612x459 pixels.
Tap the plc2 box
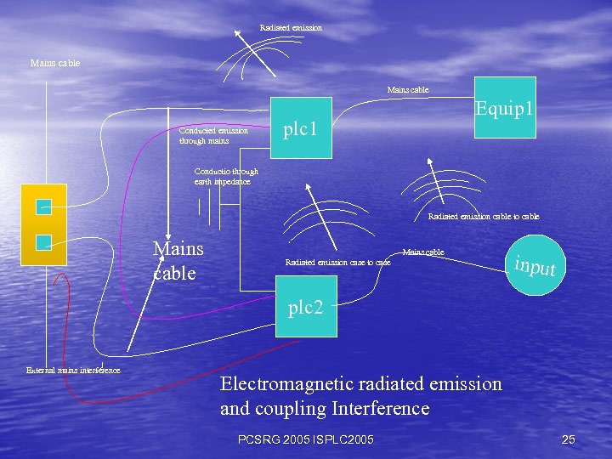click(x=305, y=307)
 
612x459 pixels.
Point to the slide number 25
click(x=569, y=439)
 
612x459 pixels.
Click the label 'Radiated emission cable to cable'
click(x=483, y=217)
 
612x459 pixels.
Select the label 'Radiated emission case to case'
click(x=337, y=263)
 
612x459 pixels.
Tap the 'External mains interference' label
click(x=73, y=370)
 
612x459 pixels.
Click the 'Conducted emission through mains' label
click(x=213, y=136)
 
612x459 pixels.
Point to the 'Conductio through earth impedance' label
click(x=226, y=176)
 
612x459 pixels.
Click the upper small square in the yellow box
click(x=44, y=207)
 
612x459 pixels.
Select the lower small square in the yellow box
click(x=44, y=242)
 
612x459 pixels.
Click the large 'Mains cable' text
click(x=178, y=261)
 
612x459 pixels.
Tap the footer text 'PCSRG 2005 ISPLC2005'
click(x=306, y=439)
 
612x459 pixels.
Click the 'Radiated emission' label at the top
click(x=291, y=28)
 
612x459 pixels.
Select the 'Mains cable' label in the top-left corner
click(x=55, y=63)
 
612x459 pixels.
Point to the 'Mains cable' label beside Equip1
click(x=408, y=89)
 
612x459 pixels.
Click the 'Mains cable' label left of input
click(x=423, y=252)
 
